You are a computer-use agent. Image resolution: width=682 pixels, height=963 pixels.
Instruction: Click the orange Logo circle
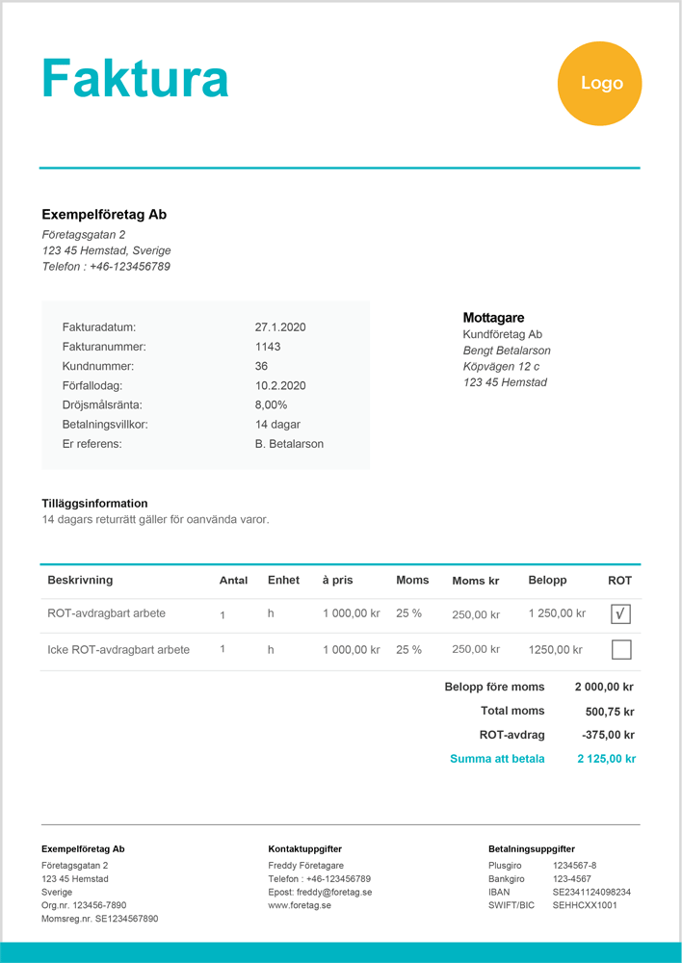coord(599,84)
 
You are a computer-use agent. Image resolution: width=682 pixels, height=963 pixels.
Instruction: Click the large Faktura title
coord(135,79)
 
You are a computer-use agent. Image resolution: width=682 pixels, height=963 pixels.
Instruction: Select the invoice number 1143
coord(268,347)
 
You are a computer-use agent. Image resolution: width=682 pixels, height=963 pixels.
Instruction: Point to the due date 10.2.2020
coord(280,385)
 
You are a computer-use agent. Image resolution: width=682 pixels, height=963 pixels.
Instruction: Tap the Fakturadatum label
coord(99,327)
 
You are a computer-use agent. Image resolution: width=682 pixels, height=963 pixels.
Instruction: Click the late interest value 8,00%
coord(272,404)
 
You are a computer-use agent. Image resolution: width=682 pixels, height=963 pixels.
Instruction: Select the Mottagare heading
coord(493,318)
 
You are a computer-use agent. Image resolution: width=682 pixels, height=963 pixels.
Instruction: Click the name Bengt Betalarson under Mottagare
coord(507,351)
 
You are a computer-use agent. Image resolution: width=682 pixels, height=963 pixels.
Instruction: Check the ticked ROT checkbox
coord(621,613)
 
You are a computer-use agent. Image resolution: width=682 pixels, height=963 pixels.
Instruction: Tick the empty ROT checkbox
coord(621,650)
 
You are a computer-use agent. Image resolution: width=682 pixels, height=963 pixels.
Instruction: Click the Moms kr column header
coord(476,581)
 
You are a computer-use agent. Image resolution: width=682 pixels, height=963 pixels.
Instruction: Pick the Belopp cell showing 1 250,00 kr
coord(557,613)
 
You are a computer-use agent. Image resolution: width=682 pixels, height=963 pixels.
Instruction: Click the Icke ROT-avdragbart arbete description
coord(118,650)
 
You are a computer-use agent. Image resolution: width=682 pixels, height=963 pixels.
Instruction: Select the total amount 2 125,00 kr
coord(606,759)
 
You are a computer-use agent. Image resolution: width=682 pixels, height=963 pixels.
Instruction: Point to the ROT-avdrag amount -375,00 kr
coord(609,735)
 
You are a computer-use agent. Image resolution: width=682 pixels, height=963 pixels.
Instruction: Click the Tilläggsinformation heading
coord(95,504)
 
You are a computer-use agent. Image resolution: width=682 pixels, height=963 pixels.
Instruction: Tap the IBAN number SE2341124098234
coord(591,893)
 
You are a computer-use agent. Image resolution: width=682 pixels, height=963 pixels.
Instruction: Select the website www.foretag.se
coord(300,906)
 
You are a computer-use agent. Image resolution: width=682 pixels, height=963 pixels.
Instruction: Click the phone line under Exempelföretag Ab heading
coord(106,267)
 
